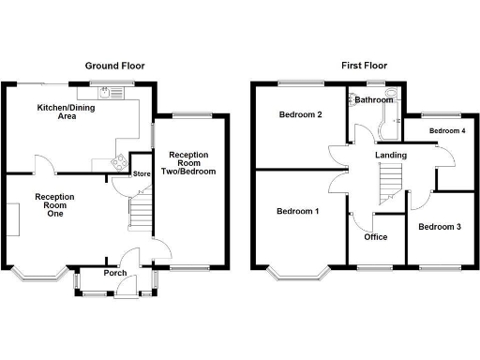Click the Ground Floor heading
[x=115, y=66]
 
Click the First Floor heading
[x=363, y=66]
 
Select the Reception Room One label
[x=54, y=204]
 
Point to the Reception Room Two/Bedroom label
[x=191, y=163]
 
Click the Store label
[x=142, y=173]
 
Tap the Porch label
[x=116, y=274]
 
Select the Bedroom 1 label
[x=298, y=211]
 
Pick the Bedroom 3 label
[x=440, y=227]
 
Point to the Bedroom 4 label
[x=447, y=130]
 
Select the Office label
[x=376, y=236]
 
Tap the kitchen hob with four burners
[x=121, y=160]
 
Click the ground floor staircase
[x=139, y=210]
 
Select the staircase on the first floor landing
[x=387, y=178]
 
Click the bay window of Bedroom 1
[x=298, y=275]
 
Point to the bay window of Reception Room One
[x=39, y=275]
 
